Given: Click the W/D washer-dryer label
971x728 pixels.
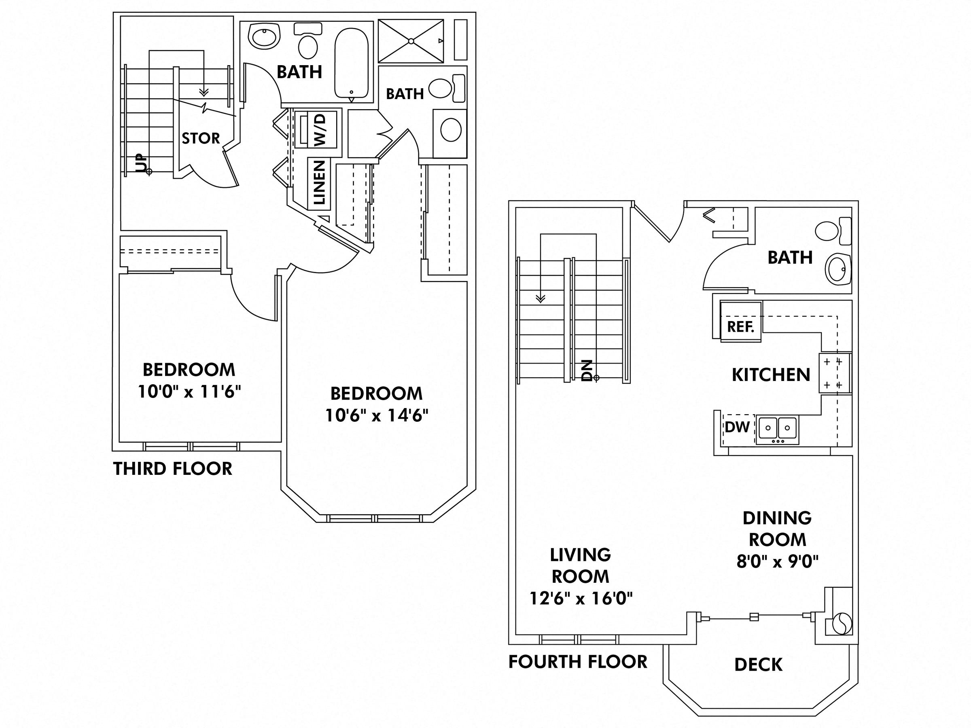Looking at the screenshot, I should (320, 130).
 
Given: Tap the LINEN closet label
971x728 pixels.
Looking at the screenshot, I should (320, 182).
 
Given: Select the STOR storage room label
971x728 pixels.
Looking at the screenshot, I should (201, 139).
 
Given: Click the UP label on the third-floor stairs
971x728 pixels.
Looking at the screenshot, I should (141, 163).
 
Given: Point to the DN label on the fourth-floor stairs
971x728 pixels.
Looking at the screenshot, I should (587, 370).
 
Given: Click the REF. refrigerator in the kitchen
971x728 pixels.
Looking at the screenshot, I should (740, 327).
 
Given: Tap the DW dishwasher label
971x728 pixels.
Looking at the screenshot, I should (737, 427).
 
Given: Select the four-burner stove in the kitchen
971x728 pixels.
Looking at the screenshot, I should (833, 373).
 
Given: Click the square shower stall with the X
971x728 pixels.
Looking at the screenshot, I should (411, 41).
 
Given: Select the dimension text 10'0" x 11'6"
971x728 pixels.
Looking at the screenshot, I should (190, 392).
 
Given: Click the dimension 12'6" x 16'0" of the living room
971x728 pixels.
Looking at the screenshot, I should (581, 598).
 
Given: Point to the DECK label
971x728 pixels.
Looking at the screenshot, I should (758, 665).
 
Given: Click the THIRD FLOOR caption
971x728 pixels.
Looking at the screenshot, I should (172, 469).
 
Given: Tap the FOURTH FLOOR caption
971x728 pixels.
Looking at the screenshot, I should (578, 662).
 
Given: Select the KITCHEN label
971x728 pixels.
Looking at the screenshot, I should (771, 375).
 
